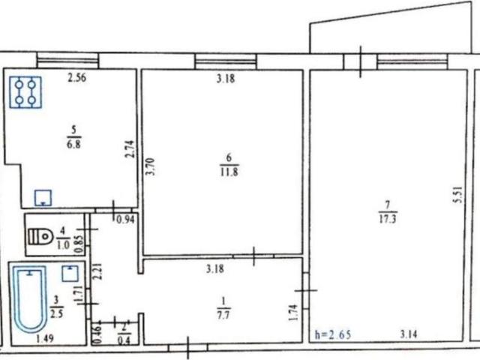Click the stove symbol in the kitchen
(25, 92)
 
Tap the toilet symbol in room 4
(40, 236)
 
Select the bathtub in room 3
(30, 298)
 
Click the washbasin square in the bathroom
(70, 273)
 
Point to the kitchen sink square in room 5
(43, 198)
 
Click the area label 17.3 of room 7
(388, 219)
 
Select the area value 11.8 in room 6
(229, 172)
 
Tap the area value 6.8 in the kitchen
(73, 143)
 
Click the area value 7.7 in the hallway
(223, 315)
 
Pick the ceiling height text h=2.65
(333, 334)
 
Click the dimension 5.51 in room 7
(458, 195)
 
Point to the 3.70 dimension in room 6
(150, 166)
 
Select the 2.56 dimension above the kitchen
(76, 78)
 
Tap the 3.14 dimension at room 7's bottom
(409, 334)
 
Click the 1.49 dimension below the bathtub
(45, 338)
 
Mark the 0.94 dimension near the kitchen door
(125, 220)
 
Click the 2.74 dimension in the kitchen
(130, 149)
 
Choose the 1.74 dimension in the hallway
(293, 312)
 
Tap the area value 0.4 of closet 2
(124, 340)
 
